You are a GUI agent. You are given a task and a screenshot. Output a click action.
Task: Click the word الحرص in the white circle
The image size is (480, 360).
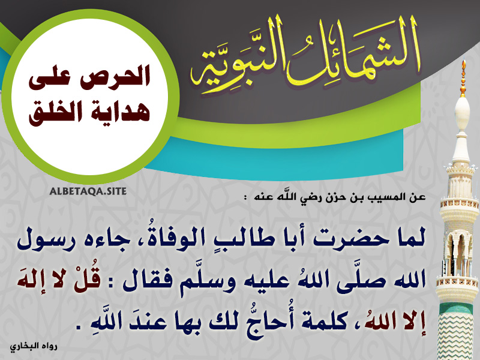tap(117, 77)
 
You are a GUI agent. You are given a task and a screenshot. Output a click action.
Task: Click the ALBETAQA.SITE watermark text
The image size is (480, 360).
tap(88, 191)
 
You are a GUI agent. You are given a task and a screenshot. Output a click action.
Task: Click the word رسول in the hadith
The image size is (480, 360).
tap(41, 241)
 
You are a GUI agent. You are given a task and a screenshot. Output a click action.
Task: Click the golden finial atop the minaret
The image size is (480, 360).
tap(463, 78)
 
